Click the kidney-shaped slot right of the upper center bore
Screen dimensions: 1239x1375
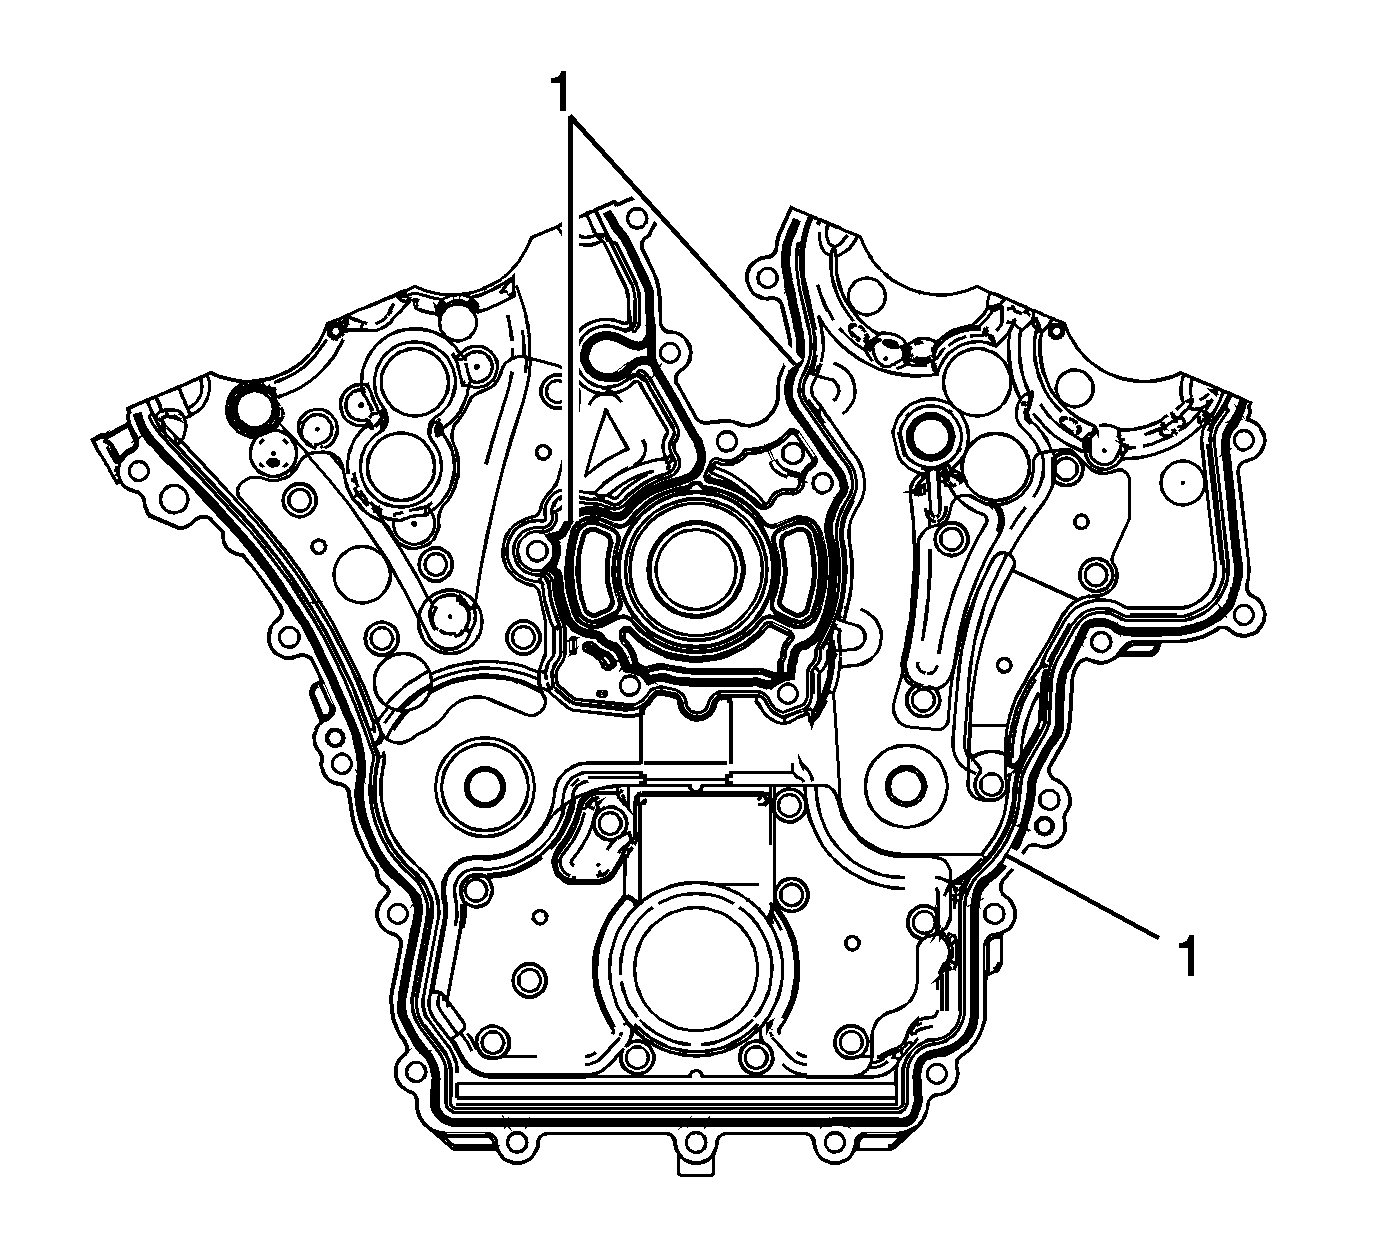click(801, 573)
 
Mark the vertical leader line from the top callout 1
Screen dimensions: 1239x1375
click(571, 320)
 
